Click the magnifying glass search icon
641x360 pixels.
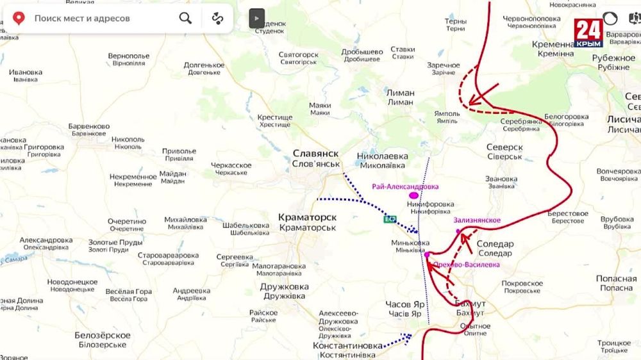pyautogui.click(x=185, y=18)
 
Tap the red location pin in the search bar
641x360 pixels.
pyautogui.click(x=19, y=18)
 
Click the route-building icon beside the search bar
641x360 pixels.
pyautogui.click(x=217, y=18)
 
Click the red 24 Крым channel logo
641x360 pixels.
pyautogui.click(x=588, y=33)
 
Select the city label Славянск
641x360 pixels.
pyautogui.click(x=316, y=153)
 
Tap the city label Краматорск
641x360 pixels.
pyautogui.click(x=307, y=217)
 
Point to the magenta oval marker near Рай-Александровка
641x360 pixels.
pyautogui.click(x=414, y=195)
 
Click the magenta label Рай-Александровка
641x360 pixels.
pyautogui.click(x=405, y=186)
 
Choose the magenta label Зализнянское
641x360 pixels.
pyautogui.click(x=477, y=220)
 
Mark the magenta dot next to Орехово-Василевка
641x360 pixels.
pyautogui.click(x=427, y=254)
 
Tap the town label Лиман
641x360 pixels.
pyautogui.click(x=400, y=93)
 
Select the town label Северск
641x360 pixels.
pyautogui.click(x=504, y=147)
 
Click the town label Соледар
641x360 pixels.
pyautogui.click(x=495, y=244)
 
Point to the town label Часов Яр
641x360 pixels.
pyautogui.click(x=404, y=304)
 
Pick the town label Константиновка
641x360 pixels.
pyautogui.click(x=347, y=345)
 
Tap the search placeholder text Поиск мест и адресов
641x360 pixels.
pyautogui.click(x=82, y=18)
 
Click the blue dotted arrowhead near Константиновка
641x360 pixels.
pyautogui.click(x=407, y=335)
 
